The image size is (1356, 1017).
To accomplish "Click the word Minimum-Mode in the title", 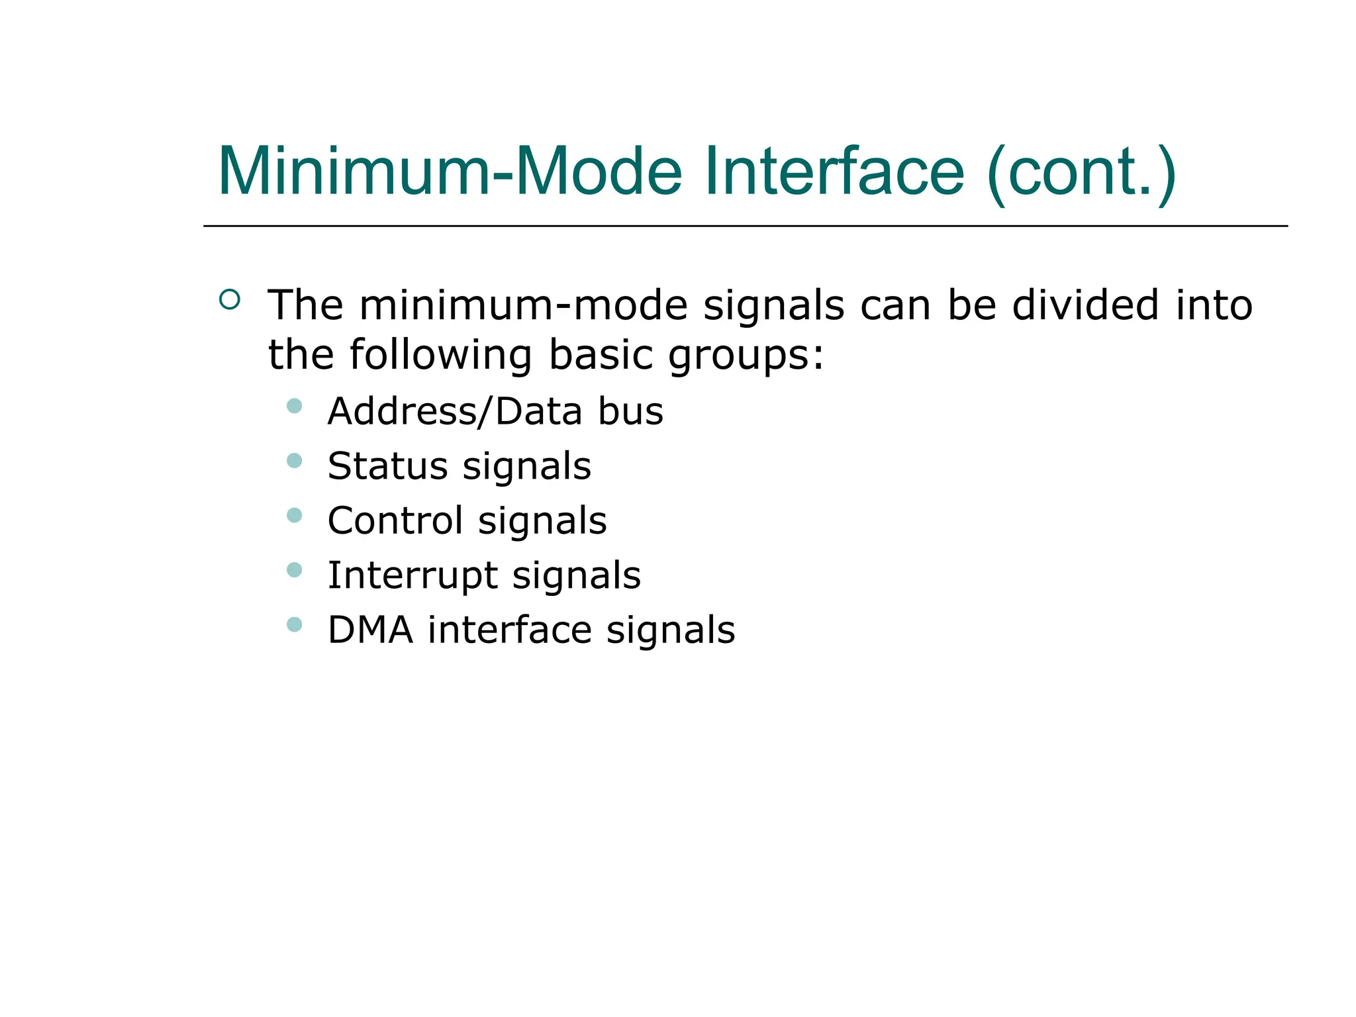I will [450, 172].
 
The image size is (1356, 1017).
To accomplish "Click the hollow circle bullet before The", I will [229, 300].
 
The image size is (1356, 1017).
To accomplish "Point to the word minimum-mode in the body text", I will [524, 306].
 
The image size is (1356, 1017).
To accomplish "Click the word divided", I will [1086, 306].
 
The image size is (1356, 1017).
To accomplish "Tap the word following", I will [441, 356].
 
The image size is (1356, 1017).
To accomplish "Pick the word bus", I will [630, 412].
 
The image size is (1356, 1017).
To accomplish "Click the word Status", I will [387, 466].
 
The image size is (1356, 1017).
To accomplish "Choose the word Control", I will [395, 520].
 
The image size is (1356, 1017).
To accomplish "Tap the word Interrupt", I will [412, 576].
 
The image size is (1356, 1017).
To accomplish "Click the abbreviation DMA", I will [371, 630].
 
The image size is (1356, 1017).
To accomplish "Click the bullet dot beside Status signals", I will [295, 460].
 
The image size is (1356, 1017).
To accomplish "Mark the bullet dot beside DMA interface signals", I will [295, 624].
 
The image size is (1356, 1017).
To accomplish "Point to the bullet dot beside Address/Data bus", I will [295, 406].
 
